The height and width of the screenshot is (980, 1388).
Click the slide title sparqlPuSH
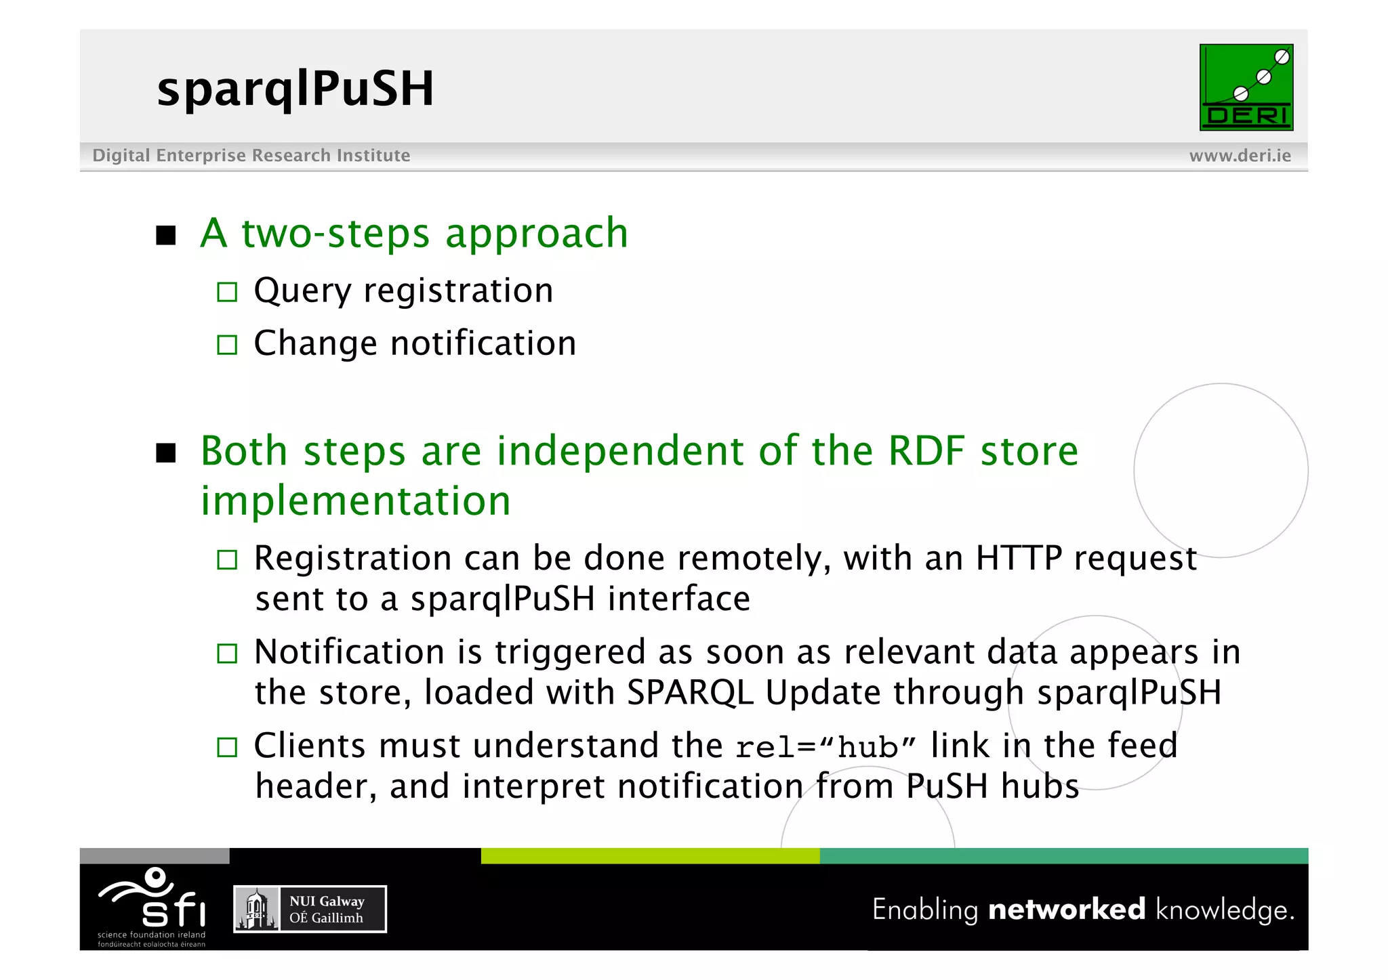click(295, 89)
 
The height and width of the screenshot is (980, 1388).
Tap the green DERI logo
click(1246, 87)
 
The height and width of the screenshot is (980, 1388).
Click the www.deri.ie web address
click(1240, 156)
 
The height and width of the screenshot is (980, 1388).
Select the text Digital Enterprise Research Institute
click(251, 156)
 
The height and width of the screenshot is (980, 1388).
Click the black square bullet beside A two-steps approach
click(165, 236)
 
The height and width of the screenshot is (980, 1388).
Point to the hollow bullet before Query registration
click(227, 293)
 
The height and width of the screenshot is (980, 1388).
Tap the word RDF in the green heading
click(926, 451)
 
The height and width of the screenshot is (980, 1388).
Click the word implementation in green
click(355, 501)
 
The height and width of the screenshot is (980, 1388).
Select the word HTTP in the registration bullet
click(1019, 559)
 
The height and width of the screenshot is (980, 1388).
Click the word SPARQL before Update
click(690, 693)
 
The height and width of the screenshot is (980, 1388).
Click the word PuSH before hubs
click(947, 787)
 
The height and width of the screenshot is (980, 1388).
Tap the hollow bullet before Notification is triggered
click(227, 654)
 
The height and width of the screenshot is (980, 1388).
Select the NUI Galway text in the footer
click(327, 901)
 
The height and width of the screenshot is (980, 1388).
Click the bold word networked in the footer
click(1066, 910)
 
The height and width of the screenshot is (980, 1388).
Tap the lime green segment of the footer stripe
click(650, 856)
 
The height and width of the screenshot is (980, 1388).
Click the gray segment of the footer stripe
click(155, 856)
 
